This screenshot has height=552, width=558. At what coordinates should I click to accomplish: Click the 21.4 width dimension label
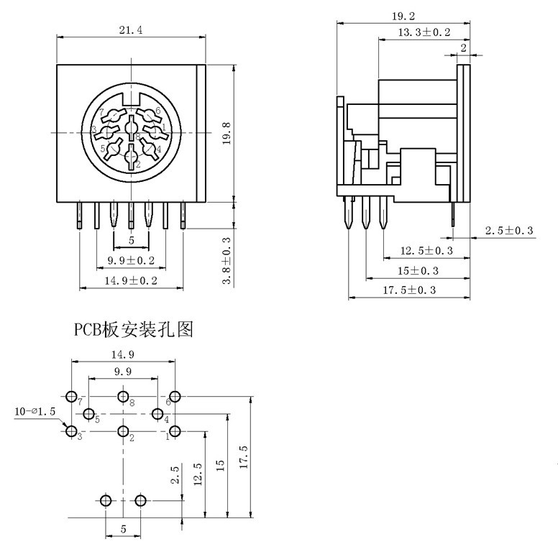[x=131, y=30]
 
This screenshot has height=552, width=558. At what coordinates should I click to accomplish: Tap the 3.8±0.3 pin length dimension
[x=227, y=261]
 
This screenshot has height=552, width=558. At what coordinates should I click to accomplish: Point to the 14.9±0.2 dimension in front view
[x=132, y=281]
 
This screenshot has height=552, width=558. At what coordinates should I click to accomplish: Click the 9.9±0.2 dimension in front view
[x=132, y=260]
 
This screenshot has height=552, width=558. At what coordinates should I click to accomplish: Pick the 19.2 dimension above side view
[x=403, y=15]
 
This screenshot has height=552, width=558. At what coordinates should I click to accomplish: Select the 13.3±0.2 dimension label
[x=424, y=32]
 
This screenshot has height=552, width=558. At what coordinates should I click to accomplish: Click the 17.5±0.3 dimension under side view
[x=409, y=290]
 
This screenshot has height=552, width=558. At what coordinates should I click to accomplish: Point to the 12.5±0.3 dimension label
[x=426, y=251]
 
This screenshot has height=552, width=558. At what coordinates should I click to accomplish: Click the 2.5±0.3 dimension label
[x=509, y=231]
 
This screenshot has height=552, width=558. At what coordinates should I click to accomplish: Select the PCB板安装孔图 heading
[x=133, y=330]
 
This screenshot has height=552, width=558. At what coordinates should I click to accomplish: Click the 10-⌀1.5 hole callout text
[x=35, y=412]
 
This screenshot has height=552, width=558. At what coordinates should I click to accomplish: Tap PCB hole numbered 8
[x=123, y=397]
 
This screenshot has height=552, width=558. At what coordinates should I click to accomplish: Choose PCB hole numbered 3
[x=71, y=431]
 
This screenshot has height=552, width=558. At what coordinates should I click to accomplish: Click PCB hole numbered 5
[x=88, y=414]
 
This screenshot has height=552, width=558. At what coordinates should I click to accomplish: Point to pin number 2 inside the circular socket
[x=131, y=157]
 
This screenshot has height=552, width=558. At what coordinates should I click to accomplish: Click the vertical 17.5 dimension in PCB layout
[x=244, y=457]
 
